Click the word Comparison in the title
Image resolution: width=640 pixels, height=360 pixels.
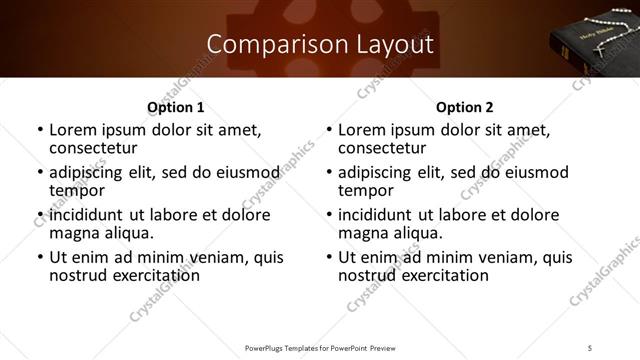click(265, 45)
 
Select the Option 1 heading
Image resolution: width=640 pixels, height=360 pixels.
click(175, 106)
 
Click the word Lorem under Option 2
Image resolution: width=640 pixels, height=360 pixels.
click(362, 129)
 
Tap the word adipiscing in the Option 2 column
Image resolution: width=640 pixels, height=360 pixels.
click(381, 172)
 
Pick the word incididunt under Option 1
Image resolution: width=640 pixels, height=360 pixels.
click(92, 215)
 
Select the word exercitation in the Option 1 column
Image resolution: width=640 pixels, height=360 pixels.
click(152, 275)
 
